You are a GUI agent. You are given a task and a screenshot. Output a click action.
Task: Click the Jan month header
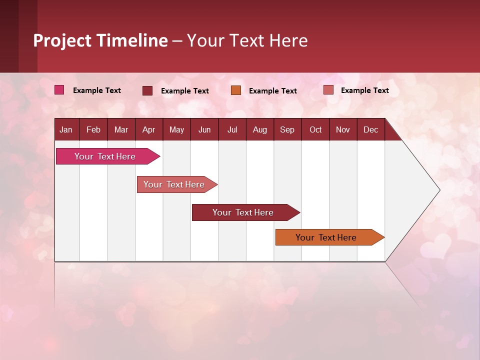pyautogui.click(x=66, y=129)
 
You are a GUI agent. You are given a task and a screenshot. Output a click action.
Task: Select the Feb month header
pyautogui.click(x=93, y=129)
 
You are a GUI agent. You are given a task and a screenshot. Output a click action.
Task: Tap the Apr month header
pyautogui.click(x=148, y=129)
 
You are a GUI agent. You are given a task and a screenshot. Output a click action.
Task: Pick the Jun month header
pyautogui.click(x=204, y=129)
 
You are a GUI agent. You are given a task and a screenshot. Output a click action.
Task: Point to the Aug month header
pyautogui.click(x=260, y=129)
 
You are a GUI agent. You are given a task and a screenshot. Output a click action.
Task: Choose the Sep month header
pyautogui.click(x=287, y=129)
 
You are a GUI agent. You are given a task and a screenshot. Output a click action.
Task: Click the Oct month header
pyautogui.click(x=315, y=129)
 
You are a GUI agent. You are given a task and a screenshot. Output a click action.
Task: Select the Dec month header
pyautogui.click(x=371, y=129)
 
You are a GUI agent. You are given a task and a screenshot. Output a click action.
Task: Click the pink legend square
pyautogui.click(x=59, y=90)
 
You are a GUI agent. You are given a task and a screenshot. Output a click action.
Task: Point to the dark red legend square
pyautogui.click(x=147, y=90)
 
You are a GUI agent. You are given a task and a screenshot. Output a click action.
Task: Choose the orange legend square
pyautogui.click(x=236, y=90)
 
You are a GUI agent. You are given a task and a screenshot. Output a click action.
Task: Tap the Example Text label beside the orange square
pyautogui.click(x=273, y=90)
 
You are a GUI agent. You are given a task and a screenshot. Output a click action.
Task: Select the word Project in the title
pyautogui.click(x=62, y=40)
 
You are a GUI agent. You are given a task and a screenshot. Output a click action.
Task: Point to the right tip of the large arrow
pyautogui.click(x=438, y=190)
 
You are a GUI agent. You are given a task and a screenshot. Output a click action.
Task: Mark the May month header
pyautogui.click(x=176, y=129)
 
